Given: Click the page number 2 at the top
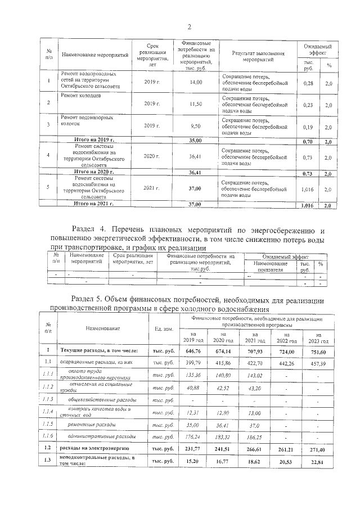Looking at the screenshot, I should [190, 26].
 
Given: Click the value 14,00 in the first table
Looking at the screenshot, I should [196, 83].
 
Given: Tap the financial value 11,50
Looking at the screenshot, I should [196, 104].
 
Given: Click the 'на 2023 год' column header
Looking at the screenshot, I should [311, 337].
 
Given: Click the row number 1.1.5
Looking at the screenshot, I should [49, 424].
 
